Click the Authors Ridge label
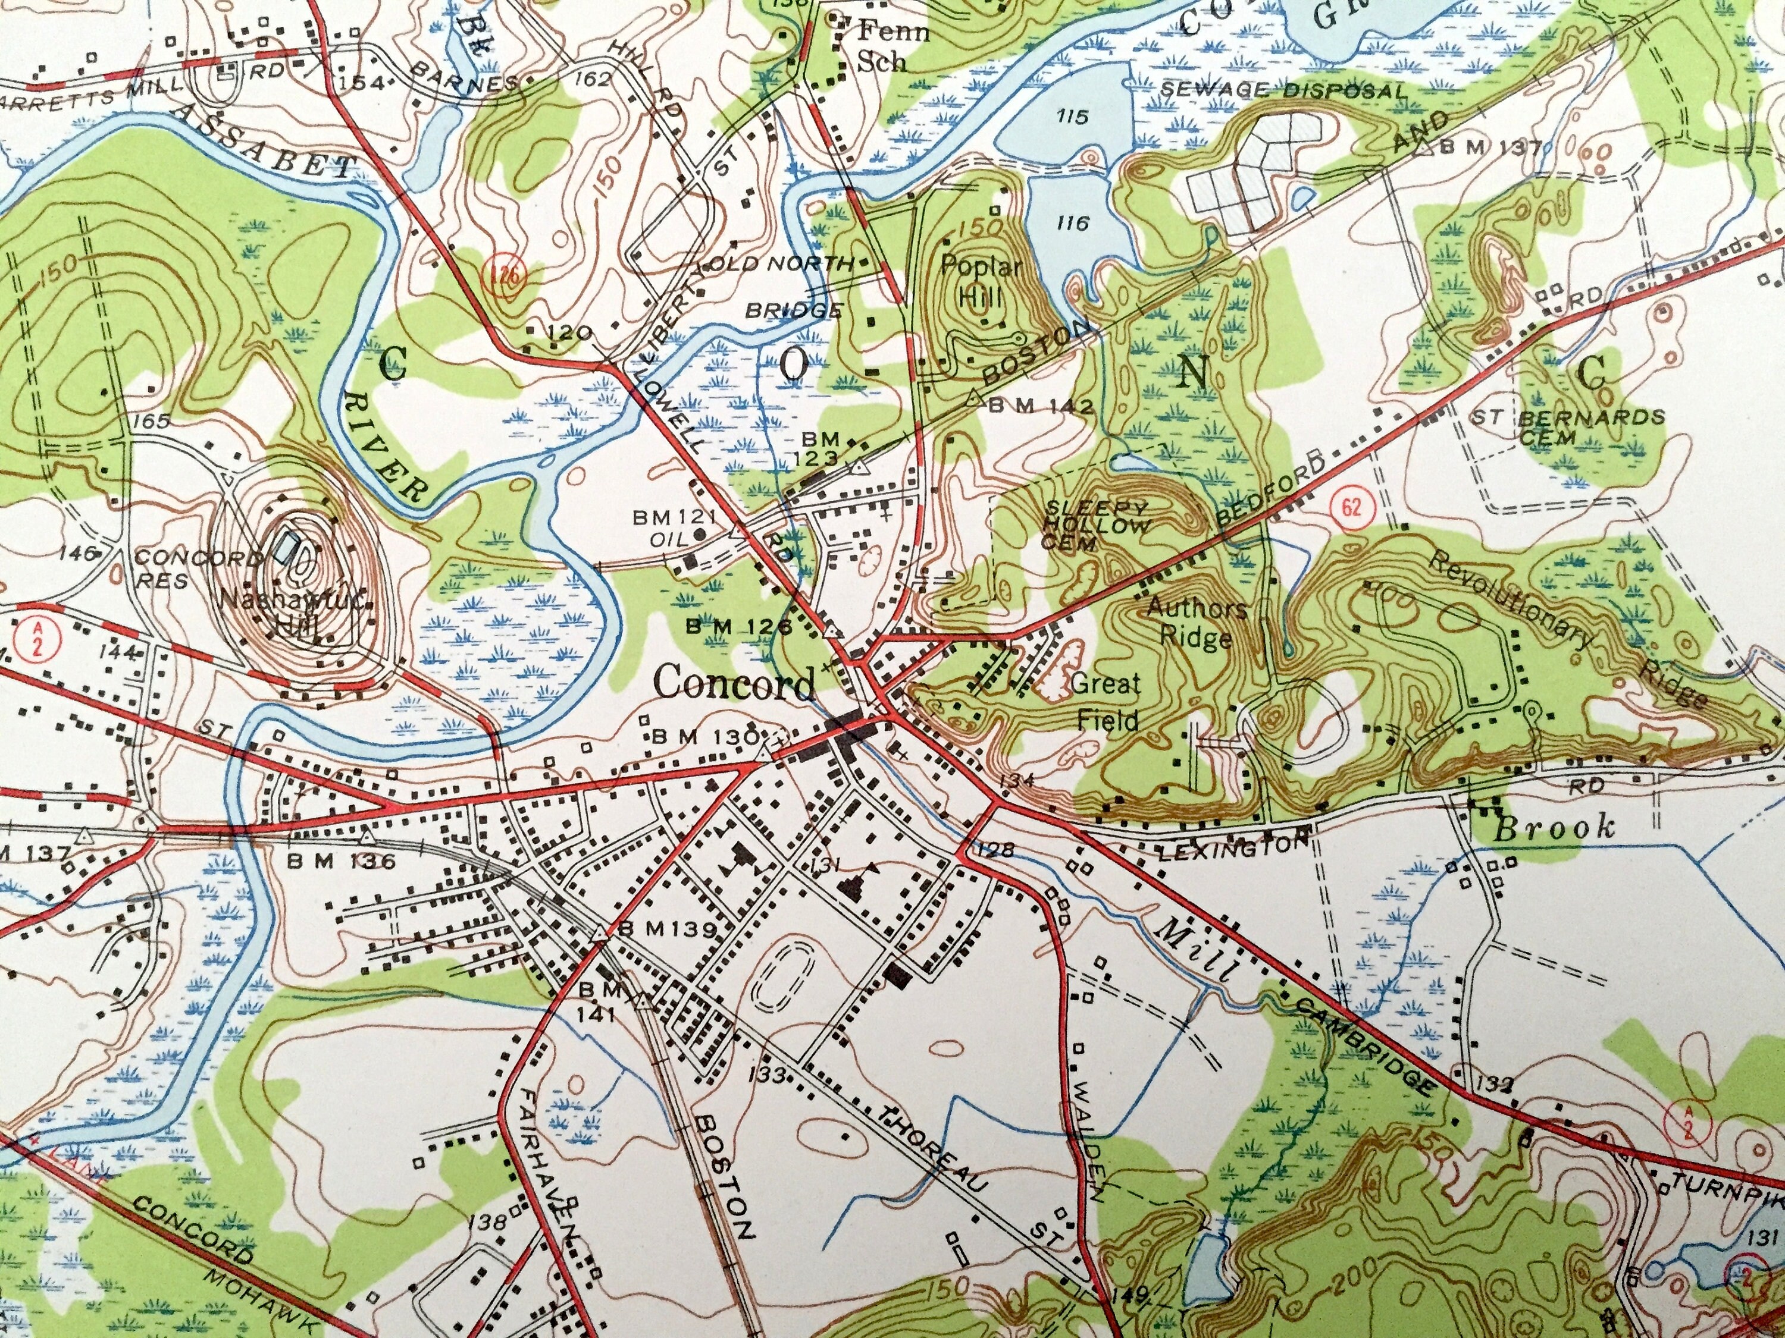point(1197,623)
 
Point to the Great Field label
point(1106,700)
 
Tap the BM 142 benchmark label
point(1041,407)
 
